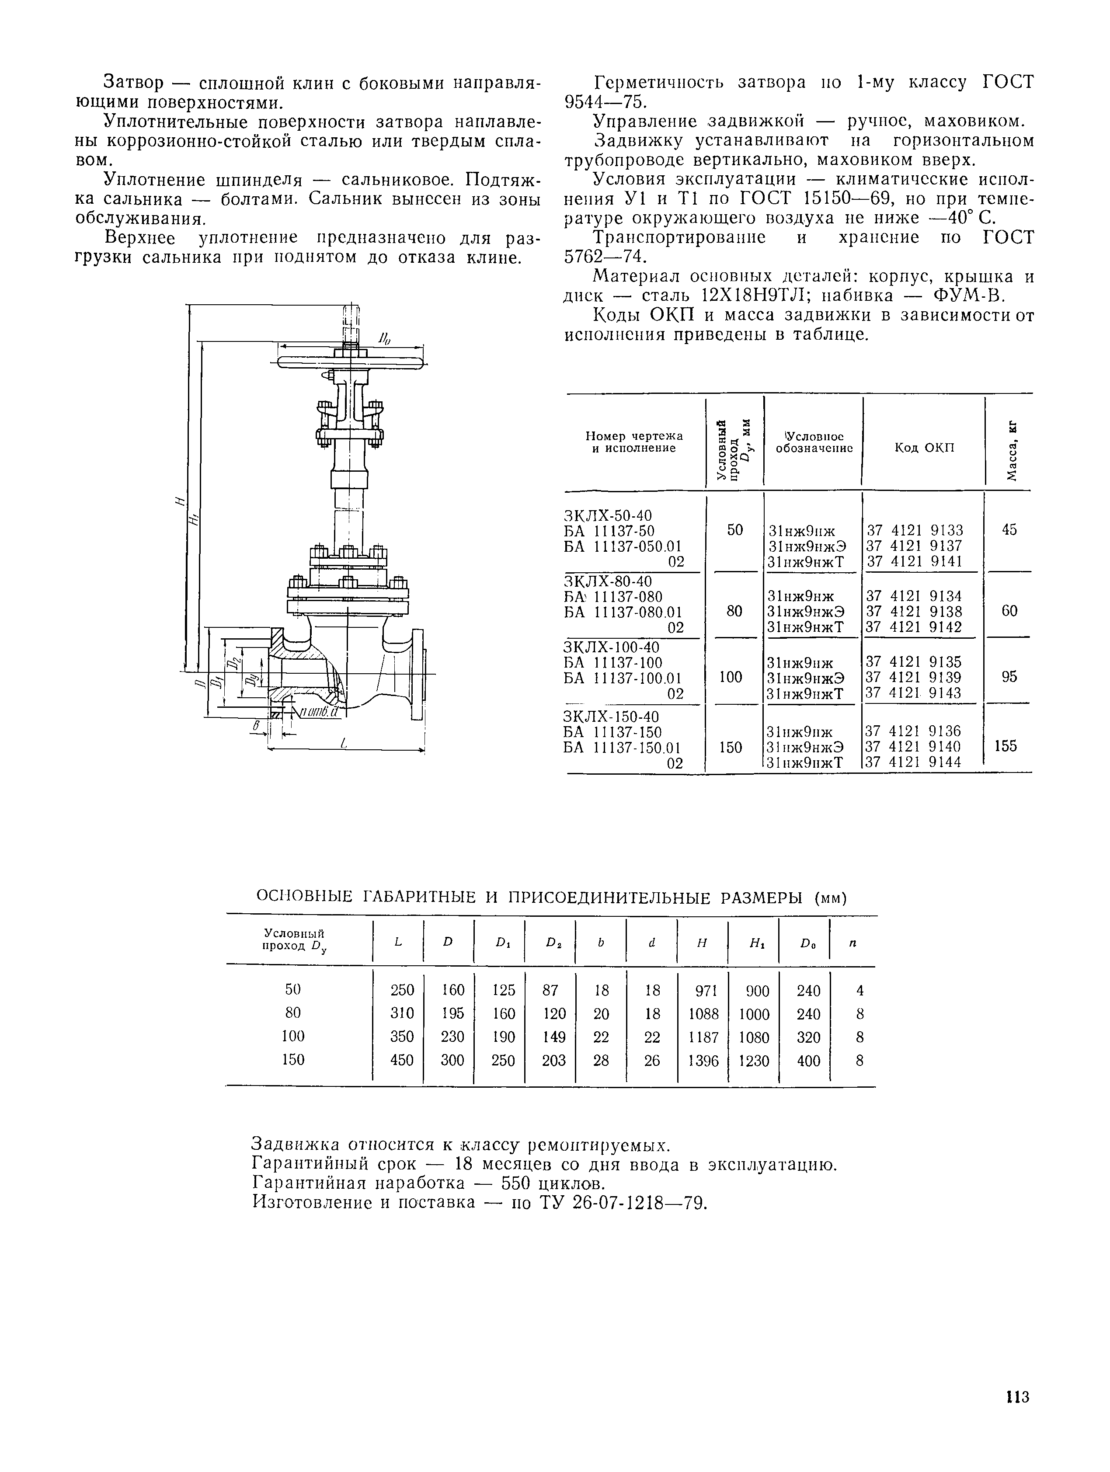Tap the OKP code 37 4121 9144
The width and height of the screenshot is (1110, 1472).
point(914,762)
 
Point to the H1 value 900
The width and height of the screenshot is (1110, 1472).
point(755,991)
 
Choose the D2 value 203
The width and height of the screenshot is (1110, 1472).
point(553,1060)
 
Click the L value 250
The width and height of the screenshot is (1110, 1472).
point(402,990)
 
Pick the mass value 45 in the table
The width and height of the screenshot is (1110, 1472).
point(1009,530)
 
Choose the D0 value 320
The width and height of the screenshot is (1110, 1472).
point(808,1037)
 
